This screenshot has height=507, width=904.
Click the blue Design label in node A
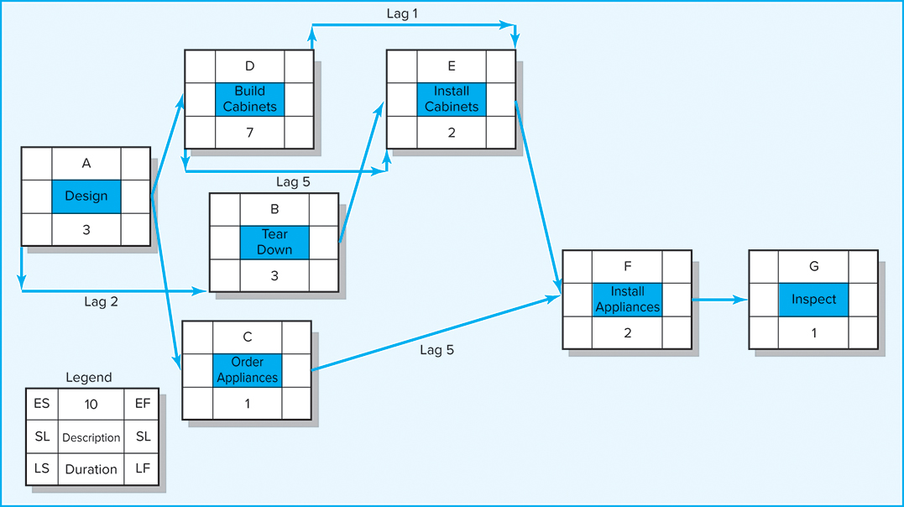click(86, 196)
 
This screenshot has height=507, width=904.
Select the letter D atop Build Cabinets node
click(249, 66)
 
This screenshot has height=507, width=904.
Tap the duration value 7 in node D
click(249, 133)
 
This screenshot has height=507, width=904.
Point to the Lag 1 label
click(402, 14)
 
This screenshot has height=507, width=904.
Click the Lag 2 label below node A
click(102, 302)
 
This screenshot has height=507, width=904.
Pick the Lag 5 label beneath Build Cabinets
click(294, 182)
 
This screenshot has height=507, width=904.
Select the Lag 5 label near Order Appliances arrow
click(436, 350)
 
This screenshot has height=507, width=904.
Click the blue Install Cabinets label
click(452, 99)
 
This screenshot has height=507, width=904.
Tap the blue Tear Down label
click(274, 243)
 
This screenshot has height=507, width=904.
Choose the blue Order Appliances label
click(247, 370)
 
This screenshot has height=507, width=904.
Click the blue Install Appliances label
click(627, 300)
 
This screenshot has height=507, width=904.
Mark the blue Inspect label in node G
click(813, 300)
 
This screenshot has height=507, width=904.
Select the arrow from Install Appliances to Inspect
click(719, 300)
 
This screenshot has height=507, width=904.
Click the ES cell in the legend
click(41, 404)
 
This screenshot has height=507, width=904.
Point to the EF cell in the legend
click(142, 404)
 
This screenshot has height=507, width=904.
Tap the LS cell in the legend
click(41, 468)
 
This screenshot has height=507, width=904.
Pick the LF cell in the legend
click(142, 468)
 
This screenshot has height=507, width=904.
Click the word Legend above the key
click(88, 378)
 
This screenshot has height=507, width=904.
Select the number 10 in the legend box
click(91, 405)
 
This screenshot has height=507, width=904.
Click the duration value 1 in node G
click(813, 332)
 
